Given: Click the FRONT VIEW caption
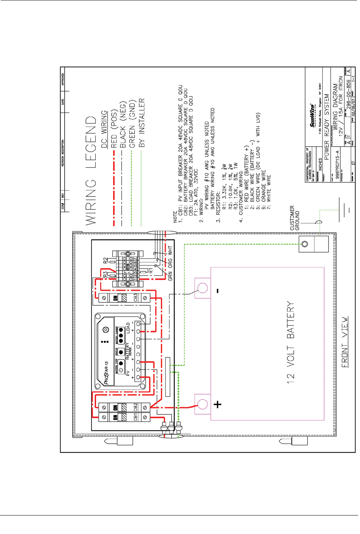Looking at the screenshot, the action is coord(344,342).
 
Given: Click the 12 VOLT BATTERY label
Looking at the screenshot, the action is coord(290,342).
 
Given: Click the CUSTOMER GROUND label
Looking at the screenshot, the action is coord(295,218).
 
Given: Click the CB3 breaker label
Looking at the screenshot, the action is coord(135,297).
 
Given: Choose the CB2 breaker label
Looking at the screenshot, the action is coord(135,407).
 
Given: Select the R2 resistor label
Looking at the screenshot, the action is coord(106,260).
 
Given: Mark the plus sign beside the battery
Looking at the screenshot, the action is coord(217,404).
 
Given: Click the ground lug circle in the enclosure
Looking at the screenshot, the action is coord(305,244).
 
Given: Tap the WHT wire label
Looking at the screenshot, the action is coord(170,250).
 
